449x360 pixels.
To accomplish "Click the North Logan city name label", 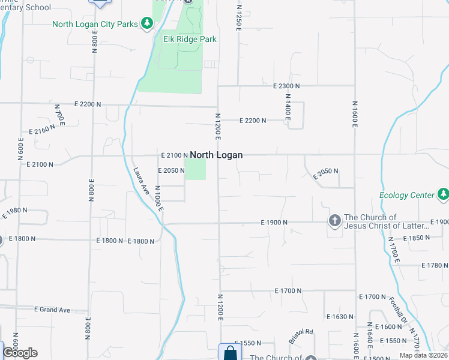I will (x=216, y=155).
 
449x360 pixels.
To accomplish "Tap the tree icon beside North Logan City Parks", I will (x=146, y=24).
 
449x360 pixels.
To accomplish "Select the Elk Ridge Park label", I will (x=190, y=40).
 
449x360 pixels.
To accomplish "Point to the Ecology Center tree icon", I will (x=443, y=194).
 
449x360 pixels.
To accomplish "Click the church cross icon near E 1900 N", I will (x=334, y=221).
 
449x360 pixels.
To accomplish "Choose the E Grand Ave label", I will (x=52, y=310).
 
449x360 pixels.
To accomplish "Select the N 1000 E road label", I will (x=159, y=202).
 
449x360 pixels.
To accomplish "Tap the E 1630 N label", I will (x=340, y=316).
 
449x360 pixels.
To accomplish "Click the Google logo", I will (x=20, y=352).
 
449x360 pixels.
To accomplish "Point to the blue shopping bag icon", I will (x=229, y=352).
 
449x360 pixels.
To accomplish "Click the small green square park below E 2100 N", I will (x=195, y=169).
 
